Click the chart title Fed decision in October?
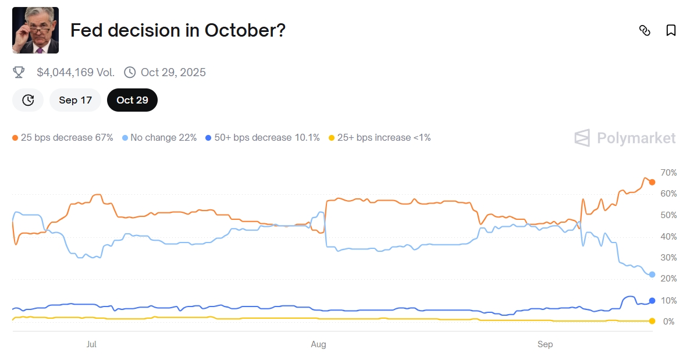(x=177, y=30)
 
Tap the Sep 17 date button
(x=76, y=100)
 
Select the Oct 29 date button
(x=132, y=100)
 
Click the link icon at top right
(x=645, y=30)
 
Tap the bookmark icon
(x=671, y=30)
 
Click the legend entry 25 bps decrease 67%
(x=63, y=138)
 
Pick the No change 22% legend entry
(x=160, y=138)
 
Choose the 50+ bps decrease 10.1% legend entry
(x=263, y=138)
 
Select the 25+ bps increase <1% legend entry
(x=380, y=138)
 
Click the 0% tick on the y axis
(x=669, y=322)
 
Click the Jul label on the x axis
(x=91, y=344)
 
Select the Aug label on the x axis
(x=318, y=344)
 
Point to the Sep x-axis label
(x=545, y=344)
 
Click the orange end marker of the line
(x=652, y=182)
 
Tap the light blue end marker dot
(x=652, y=275)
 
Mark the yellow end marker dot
(x=652, y=321)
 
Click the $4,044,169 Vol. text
(x=76, y=72)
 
